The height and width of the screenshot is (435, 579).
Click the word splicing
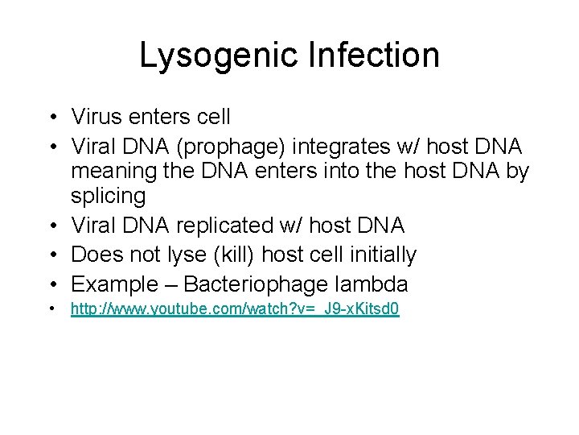pyautogui.click(x=109, y=196)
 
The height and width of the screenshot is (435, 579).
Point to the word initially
pyautogui.click(x=376, y=255)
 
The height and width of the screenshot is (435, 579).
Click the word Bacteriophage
pyautogui.click(x=256, y=284)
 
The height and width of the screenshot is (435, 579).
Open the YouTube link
pyautogui.click(x=235, y=309)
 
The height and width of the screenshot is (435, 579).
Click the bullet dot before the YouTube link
pyautogui.click(x=51, y=309)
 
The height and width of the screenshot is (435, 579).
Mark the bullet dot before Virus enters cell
pyautogui.click(x=51, y=118)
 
